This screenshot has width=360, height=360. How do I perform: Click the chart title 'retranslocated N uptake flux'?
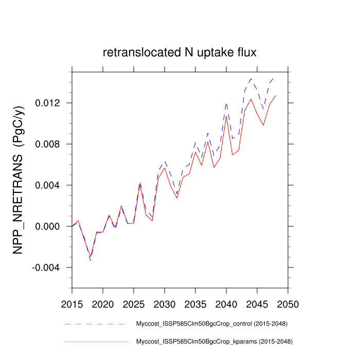pyautogui.click(x=179, y=52)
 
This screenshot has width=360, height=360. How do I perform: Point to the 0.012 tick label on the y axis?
pyautogui.click(x=50, y=103)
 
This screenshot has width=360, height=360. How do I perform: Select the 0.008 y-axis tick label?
pyautogui.click(x=50, y=144)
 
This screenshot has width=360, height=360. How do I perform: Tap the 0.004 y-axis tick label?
pyautogui.click(x=50, y=185)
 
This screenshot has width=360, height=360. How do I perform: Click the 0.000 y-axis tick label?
pyautogui.click(x=50, y=226)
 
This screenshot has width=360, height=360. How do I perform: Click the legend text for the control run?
pyautogui.click(x=211, y=324)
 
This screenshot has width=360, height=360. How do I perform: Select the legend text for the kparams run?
pyautogui.click(x=211, y=341)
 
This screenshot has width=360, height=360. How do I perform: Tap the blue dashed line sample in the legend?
pyautogui.click(x=96, y=324)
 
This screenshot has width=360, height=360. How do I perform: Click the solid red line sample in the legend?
pyautogui.click(x=96, y=341)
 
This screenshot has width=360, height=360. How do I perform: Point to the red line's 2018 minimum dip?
pyautogui.click(x=91, y=256)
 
